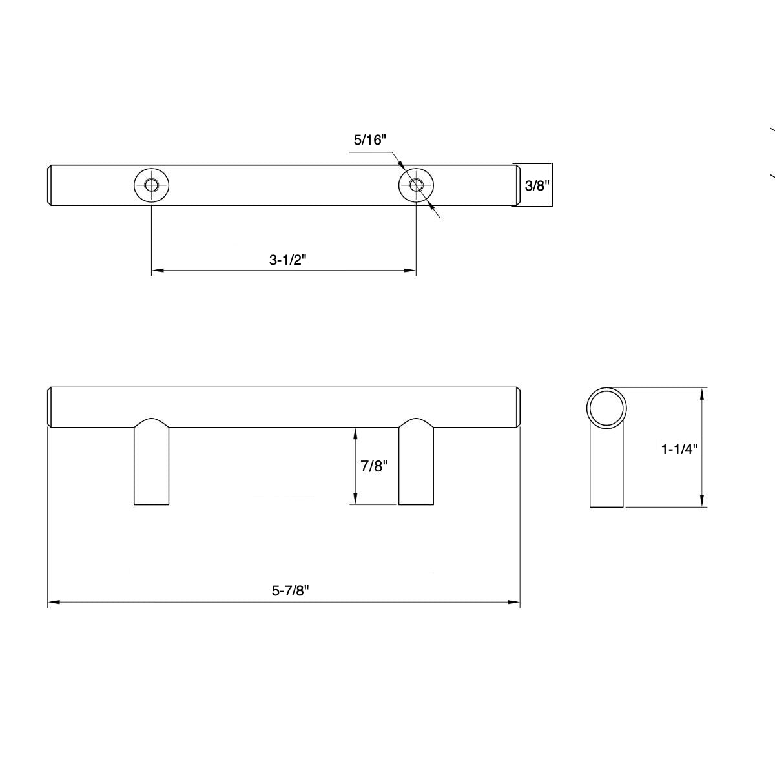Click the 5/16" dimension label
click(x=369, y=139)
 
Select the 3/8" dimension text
click(x=536, y=186)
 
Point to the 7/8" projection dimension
click(x=374, y=466)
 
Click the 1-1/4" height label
click(x=679, y=449)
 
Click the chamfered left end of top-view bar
click(x=50, y=186)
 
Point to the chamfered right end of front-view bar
click(x=518, y=408)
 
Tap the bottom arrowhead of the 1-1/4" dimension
click(x=703, y=502)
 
